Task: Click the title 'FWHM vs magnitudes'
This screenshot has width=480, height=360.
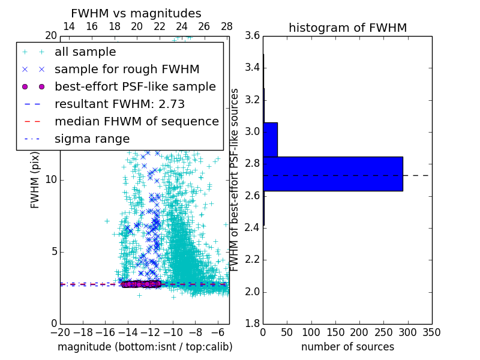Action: click(x=136, y=13)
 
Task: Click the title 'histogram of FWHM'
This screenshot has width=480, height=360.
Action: click(x=347, y=28)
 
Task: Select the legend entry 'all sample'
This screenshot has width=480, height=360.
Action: click(x=85, y=52)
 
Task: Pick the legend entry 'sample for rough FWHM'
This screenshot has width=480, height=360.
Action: click(x=127, y=70)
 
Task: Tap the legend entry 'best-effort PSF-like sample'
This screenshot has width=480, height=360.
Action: click(x=135, y=87)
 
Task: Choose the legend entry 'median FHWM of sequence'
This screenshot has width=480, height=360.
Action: click(x=136, y=122)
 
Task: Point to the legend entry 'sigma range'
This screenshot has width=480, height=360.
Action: click(x=92, y=139)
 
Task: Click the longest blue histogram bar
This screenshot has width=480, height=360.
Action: click(x=332, y=174)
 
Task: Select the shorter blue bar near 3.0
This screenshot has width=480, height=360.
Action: click(x=270, y=140)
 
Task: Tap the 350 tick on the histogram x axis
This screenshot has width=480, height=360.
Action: click(x=431, y=332)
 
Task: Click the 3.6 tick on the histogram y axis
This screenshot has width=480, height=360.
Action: click(x=252, y=35)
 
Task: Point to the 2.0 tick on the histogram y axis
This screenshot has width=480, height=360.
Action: click(x=252, y=292)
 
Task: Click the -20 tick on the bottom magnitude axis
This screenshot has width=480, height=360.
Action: click(x=60, y=332)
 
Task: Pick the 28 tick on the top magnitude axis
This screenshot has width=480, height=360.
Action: click(x=227, y=26)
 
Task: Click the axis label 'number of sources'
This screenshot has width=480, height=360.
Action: click(x=347, y=347)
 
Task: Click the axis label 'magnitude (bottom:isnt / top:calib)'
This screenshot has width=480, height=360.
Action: click(x=145, y=347)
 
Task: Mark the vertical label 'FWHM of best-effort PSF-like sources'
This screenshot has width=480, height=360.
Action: click(x=235, y=179)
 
